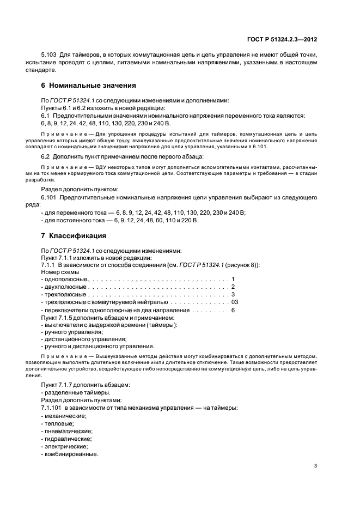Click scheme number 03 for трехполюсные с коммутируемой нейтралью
tap(234, 302)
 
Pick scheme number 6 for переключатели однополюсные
tap(233, 309)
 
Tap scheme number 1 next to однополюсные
tap(233, 279)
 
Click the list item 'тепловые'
tap(59, 423)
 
